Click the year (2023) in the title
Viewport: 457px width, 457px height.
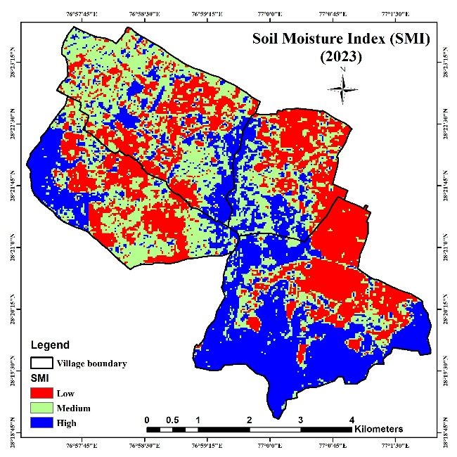(x=340, y=58)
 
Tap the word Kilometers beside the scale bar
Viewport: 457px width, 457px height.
(x=379, y=428)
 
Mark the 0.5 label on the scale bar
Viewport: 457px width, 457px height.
(x=173, y=420)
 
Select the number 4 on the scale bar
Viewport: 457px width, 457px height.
(x=352, y=420)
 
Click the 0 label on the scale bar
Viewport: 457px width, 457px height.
(x=147, y=420)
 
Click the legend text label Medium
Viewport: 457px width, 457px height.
(x=77, y=408)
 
